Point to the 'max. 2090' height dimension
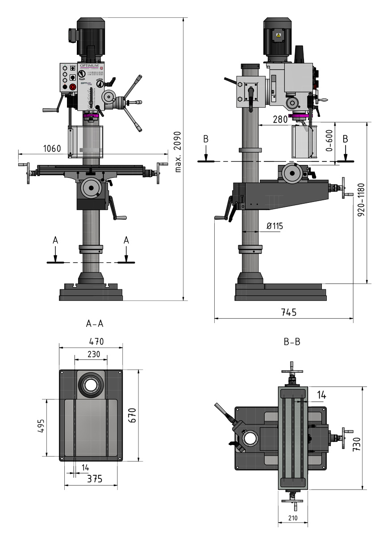(x=177, y=152)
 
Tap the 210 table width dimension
(x=293, y=518)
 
